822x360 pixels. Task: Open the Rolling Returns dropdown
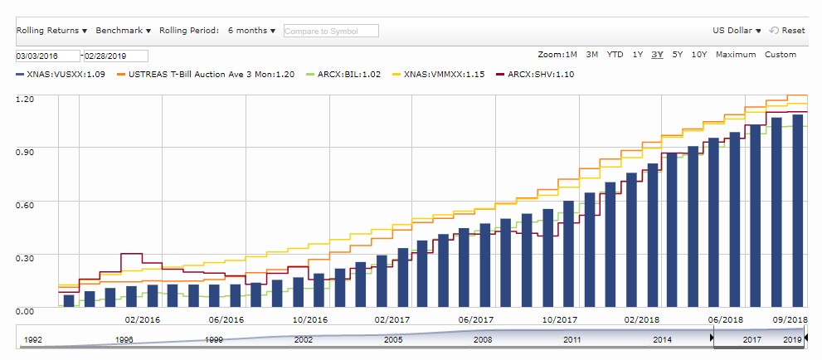pos(51,31)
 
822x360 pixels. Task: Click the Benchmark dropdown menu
pos(123,31)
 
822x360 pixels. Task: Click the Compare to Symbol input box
pos(330,31)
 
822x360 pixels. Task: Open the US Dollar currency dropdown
pos(737,31)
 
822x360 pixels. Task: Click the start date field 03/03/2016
pos(47,56)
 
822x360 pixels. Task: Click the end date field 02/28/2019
pos(114,56)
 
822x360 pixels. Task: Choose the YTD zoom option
pos(615,55)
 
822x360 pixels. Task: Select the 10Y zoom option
pos(698,55)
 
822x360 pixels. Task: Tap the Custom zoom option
pos(780,55)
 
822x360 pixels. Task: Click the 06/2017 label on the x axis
pos(476,319)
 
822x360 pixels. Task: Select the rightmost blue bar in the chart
pos(797,211)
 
